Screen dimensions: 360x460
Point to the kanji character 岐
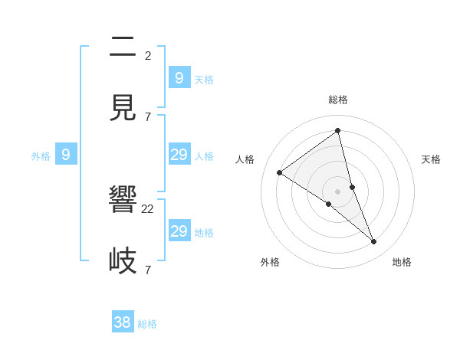[123, 260]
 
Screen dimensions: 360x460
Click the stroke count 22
[148, 209]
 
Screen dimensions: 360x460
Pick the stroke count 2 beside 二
[148, 55]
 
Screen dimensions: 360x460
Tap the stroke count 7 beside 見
[148, 116]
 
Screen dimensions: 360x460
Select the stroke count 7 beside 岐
[148, 270]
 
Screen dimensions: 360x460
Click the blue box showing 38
[123, 322]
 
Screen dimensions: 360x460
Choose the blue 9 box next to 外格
[66, 155]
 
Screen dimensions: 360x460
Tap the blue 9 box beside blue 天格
[179, 78]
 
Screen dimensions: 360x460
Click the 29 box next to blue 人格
[179, 155]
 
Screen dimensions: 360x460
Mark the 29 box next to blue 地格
[179, 231]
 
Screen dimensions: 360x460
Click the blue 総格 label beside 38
[147, 324]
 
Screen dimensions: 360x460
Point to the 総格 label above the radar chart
[337, 100]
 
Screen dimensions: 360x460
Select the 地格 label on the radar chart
[402, 263]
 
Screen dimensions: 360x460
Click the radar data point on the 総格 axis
[337, 131]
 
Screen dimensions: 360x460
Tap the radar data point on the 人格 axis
[280, 172]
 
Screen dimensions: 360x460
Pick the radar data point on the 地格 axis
[374, 242]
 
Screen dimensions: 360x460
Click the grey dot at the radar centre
[337, 191]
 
